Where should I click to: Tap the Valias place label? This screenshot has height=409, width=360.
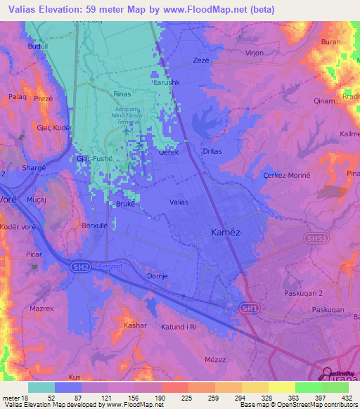tap(179, 202)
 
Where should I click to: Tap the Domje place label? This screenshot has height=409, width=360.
tap(156, 276)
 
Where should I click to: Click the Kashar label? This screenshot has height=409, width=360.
tap(135, 325)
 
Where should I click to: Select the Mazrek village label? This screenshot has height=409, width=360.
tap(42, 309)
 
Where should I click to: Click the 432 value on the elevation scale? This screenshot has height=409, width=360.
tap(347, 398)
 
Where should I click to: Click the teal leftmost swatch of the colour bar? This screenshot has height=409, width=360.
tap(41, 387)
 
